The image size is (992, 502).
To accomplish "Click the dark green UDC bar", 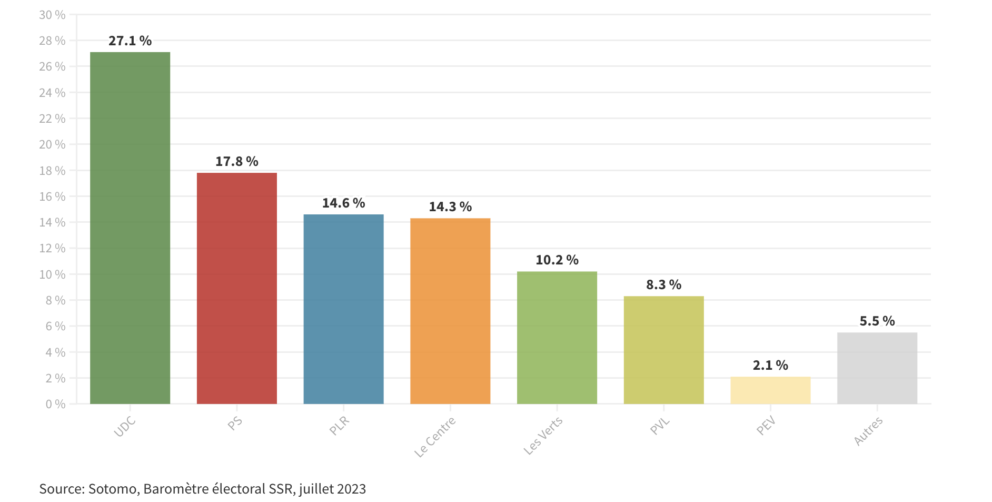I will pos(130,228).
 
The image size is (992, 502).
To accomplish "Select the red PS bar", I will pos(236,288).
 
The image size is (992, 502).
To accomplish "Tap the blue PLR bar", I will pos(343,309).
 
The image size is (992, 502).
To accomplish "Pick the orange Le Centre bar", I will pos(450,311).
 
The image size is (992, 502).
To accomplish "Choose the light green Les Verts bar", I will pos(557,338).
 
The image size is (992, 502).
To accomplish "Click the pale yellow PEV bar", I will pos(770,390).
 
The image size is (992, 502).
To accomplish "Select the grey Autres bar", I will pos(877,368).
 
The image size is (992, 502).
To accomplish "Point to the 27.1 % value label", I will pos(130,41).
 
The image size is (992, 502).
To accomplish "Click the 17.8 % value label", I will pos(236,161).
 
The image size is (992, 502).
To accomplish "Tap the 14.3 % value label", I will pos(450,206).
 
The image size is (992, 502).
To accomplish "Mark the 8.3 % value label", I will pos(663,284).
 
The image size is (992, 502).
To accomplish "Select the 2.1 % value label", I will pos(770,365).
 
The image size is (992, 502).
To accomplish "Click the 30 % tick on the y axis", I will pos(52,15).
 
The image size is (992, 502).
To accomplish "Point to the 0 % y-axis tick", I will pos(55,404).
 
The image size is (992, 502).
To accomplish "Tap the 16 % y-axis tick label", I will pos(52,196).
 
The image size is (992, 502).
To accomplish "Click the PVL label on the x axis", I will pos(659,426).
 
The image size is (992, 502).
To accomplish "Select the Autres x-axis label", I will pos(868,431).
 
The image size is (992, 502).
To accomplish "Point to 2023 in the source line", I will pos(351,489).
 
